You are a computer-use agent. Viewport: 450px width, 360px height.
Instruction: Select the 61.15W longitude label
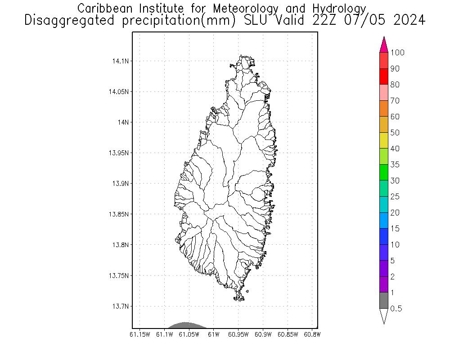(x=139, y=334)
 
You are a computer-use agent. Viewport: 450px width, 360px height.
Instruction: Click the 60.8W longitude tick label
(x=312, y=334)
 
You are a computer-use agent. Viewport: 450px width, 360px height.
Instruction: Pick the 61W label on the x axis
(x=214, y=334)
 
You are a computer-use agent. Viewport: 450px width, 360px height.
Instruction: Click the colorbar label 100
(x=397, y=53)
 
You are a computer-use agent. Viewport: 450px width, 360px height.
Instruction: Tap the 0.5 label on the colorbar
(x=396, y=309)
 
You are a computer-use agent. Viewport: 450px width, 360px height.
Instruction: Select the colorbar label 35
(x=395, y=165)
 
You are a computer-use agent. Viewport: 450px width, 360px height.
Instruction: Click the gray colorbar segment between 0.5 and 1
(x=384, y=300)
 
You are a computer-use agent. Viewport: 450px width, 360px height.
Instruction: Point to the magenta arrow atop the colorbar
(x=384, y=45)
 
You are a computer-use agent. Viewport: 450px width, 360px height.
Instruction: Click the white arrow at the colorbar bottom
(x=384, y=315)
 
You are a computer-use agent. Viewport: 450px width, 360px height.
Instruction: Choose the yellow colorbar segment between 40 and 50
(x=384, y=140)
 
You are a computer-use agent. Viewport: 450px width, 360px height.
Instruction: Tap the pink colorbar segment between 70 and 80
(x=384, y=92)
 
